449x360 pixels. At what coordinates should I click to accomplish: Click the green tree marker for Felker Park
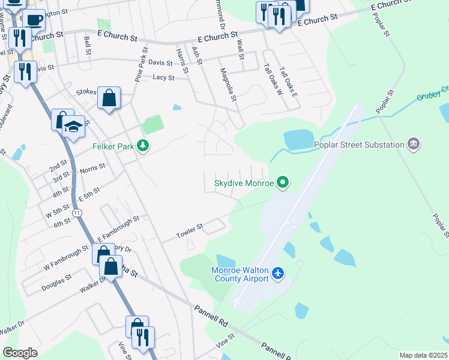[142, 146]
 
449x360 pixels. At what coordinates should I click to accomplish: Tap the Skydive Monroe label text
[244, 182]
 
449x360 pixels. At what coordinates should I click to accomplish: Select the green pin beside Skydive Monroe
[283, 182]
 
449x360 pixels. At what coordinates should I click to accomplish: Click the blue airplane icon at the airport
[277, 274]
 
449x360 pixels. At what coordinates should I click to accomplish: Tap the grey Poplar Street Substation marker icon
[412, 144]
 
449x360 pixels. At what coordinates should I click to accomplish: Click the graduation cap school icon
[73, 127]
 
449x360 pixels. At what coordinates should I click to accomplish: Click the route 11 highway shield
[77, 213]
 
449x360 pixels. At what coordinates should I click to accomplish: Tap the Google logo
[20, 352]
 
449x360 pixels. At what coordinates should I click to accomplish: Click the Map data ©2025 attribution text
[423, 355]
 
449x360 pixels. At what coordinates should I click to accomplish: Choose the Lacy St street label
[163, 77]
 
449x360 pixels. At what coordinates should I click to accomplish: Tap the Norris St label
[92, 169]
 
